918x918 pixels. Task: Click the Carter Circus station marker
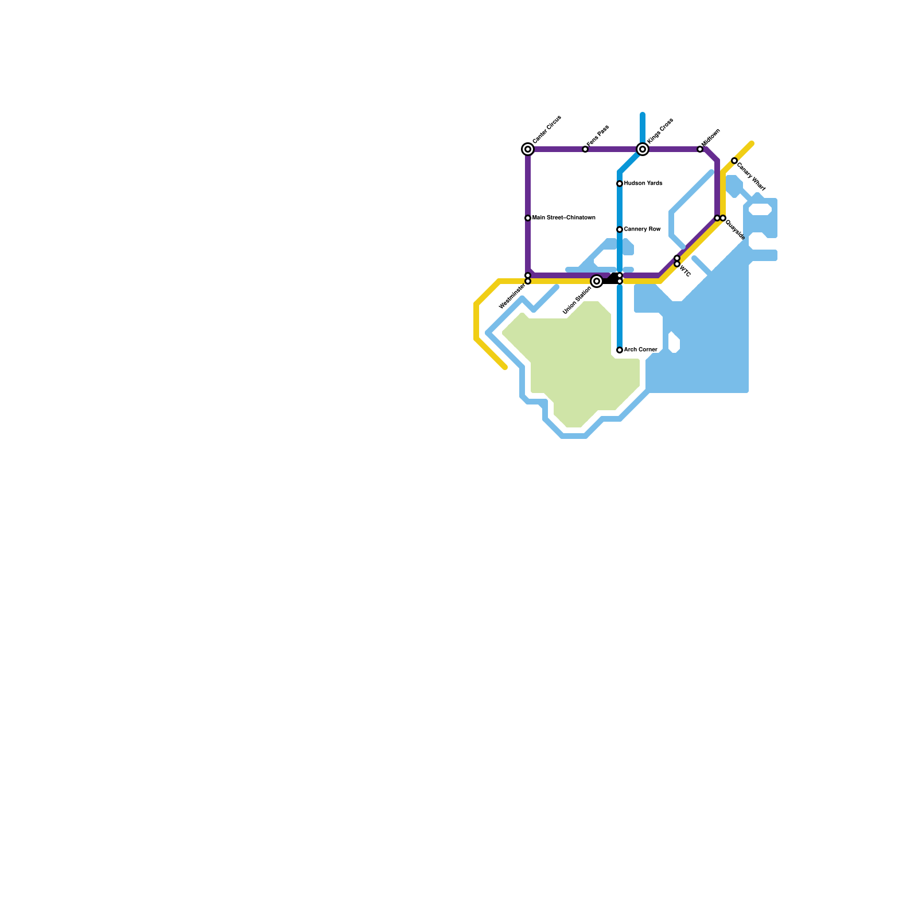528,149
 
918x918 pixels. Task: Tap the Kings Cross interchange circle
643,149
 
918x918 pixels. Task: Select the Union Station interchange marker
597,281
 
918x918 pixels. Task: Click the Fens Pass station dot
585,149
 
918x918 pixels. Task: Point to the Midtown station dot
700,149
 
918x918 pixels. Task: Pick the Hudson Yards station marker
620,184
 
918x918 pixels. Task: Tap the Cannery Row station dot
620,229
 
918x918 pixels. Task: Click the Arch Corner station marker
620,350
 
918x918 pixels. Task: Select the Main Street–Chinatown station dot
528,218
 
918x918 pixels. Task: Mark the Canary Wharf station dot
734,161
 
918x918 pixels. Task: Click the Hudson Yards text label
643,184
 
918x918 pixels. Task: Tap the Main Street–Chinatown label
563,218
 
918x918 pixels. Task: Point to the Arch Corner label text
640,350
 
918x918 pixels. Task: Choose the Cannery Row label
642,229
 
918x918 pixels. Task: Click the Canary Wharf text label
751,177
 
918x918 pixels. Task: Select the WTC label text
685,271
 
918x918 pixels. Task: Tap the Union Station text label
577,300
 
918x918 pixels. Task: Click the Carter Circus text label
547,130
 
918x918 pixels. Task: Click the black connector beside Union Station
610,281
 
